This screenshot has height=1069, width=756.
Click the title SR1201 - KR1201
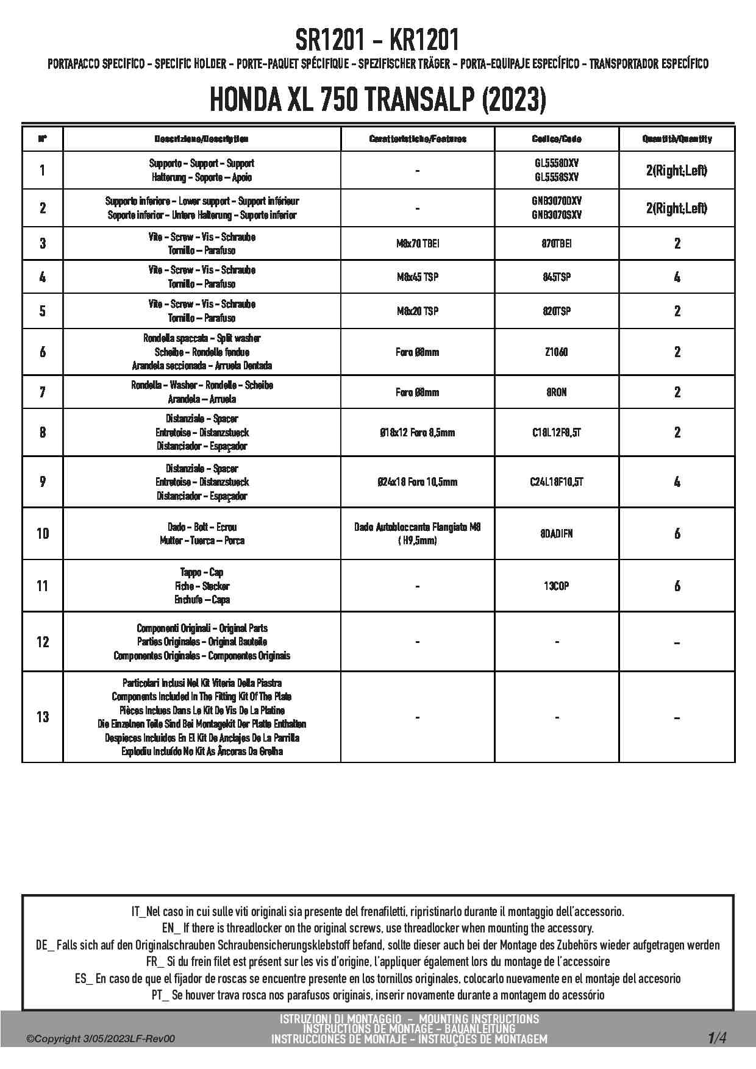[x=377, y=41]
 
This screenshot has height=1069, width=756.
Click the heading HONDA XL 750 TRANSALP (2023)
[x=377, y=100]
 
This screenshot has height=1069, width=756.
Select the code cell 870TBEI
[x=557, y=244]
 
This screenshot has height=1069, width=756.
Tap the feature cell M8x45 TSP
[x=417, y=277]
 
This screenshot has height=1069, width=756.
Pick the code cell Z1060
[x=557, y=352]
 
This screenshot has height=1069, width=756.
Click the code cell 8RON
[x=557, y=392]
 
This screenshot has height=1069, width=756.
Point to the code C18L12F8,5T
[x=557, y=433]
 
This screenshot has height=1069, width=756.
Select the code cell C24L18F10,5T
[x=557, y=482]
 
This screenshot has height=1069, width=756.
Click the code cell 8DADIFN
[x=557, y=534]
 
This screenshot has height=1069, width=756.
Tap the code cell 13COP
[x=557, y=586]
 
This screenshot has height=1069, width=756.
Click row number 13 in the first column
[x=43, y=717]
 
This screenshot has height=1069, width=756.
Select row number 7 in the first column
[x=43, y=392]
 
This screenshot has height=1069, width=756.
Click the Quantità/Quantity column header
[x=677, y=139]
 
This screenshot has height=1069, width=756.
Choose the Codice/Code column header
[x=557, y=139]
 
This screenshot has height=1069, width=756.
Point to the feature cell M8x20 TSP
[x=417, y=311]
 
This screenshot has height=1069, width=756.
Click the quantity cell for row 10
[x=677, y=534]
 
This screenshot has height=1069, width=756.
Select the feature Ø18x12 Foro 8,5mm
[x=417, y=433]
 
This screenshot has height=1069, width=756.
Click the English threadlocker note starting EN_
[x=377, y=928]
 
